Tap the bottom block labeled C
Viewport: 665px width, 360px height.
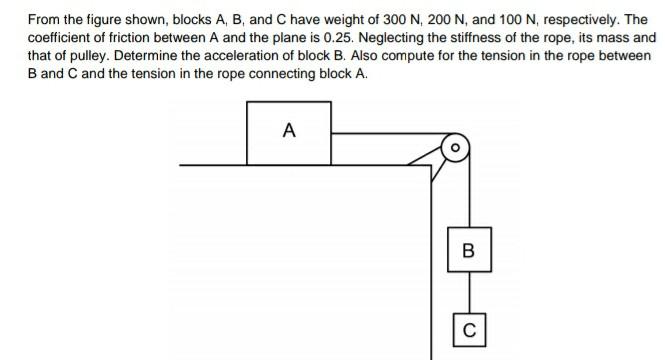pyautogui.click(x=469, y=328)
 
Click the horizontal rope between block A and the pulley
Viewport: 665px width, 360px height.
pyautogui.click(x=385, y=131)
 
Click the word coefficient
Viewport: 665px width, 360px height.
pyautogui.click(x=61, y=37)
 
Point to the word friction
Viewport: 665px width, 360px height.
pyautogui.click(x=130, y=37)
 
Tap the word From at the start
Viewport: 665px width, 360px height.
pyautogui.click(x=44, y=19)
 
